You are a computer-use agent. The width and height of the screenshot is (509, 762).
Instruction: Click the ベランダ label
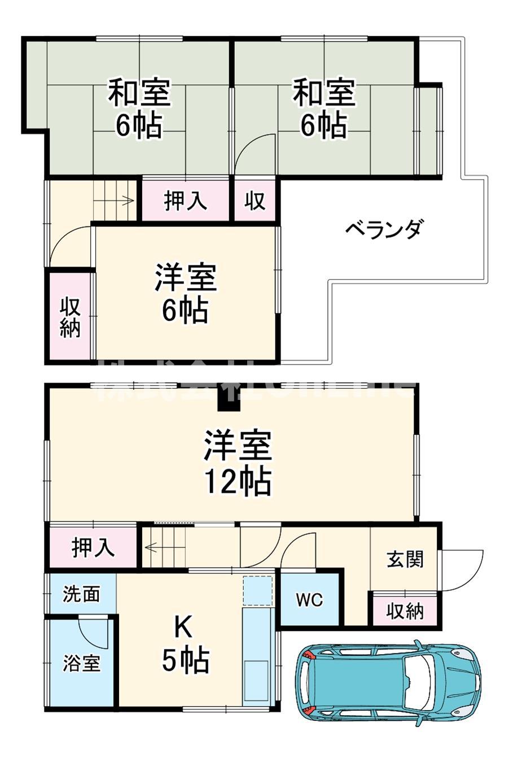click(x=384, y=230)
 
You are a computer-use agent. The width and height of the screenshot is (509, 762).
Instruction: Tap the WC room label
click(x=310, y=599)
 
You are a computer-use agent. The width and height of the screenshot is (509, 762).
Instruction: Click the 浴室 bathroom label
click(x=82, y=663)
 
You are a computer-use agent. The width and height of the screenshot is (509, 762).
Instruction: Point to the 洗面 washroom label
click(x=81, y=594)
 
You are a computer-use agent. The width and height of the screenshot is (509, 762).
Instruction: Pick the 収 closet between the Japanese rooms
click(x=255, y=200)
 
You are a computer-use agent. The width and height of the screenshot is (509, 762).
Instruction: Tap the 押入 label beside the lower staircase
click(x=93, y=547)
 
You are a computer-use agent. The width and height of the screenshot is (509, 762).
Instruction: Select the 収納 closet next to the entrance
click(x=405, y=611)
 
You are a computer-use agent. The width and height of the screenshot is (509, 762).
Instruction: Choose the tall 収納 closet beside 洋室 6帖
click(x=70, y=317)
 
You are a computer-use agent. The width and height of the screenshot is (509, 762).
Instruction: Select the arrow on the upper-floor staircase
click(x=125, y=200)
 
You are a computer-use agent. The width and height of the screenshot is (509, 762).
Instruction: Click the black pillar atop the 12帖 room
click(x=229, y=400)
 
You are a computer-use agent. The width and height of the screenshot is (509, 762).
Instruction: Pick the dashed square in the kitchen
click(x=258, y=590)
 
